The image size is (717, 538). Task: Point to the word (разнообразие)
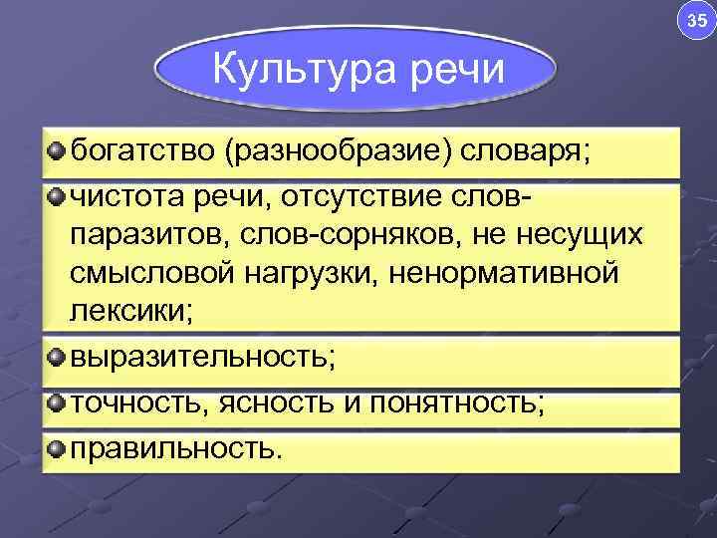pos(341,153)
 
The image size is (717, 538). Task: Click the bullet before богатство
pos(56,150)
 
